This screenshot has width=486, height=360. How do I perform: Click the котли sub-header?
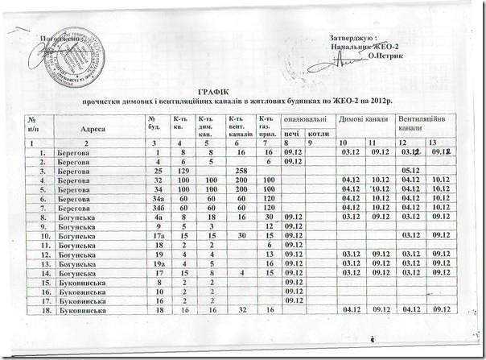318,133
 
